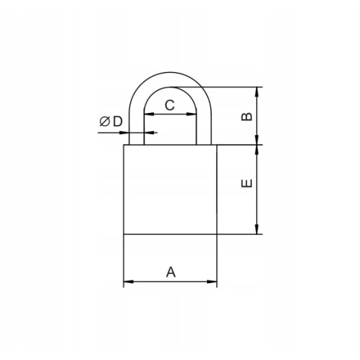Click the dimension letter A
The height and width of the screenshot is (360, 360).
click(x=171, y=272)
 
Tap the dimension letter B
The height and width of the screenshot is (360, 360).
click(x=247, y=117)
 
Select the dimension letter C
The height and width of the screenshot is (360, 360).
click(x=170, y=105)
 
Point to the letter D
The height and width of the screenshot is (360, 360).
click(x=118, y=121)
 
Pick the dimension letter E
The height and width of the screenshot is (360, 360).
click(x=247, y=183)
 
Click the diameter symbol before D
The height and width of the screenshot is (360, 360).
click(x=105, y=121)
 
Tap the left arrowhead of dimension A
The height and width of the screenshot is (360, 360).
click(x=129, y=281)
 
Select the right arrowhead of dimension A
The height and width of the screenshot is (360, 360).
click(x=212, y=281)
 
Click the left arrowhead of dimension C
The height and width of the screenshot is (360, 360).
click(x=149, y=114)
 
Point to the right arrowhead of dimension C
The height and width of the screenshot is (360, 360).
click(x=191, y=114)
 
